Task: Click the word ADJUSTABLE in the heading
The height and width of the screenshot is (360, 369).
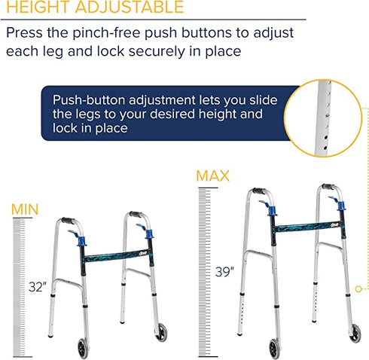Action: click(124, 8)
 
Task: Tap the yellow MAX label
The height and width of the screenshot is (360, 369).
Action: click(213, 175)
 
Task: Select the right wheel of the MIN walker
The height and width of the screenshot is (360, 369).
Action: click(161, 331)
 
